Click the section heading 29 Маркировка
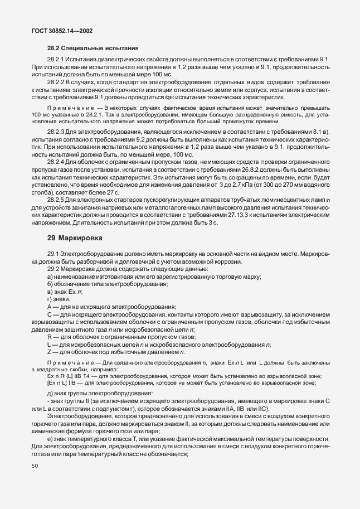(x=75, y=237)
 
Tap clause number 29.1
(x=53, y=254)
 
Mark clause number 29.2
(x=53, y=269)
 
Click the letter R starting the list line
(x=50, y=338)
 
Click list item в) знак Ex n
(x=65, y=292)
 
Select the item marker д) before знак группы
(x=51, y=394)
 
